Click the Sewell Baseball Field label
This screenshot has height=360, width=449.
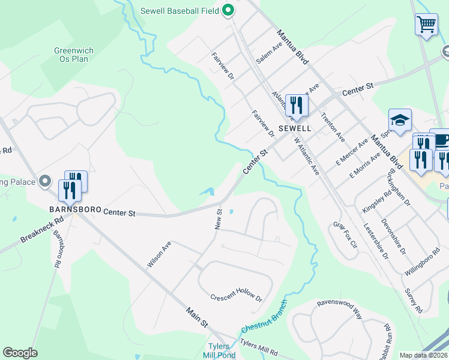pyautogui.click(x=179, y=10)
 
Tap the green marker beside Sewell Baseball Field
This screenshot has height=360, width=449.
pyautogui.click(x=228, y=10)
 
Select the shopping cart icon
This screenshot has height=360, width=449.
pyautogui.click(x=426, y=25)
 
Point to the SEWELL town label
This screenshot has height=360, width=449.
pyautogui.click(x=294, y=128)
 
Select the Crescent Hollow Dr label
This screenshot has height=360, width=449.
pyautogui.click(x=237, y=298)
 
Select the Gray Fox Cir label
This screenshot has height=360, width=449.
pyautogui.click(x=345, y=235)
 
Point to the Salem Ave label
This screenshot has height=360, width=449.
pyautogui.click(x=269, y=53)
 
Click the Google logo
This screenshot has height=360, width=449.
pyautogui.click(x=20, y=353)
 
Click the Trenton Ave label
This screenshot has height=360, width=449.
pyautogui.click(x=333, y=124)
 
